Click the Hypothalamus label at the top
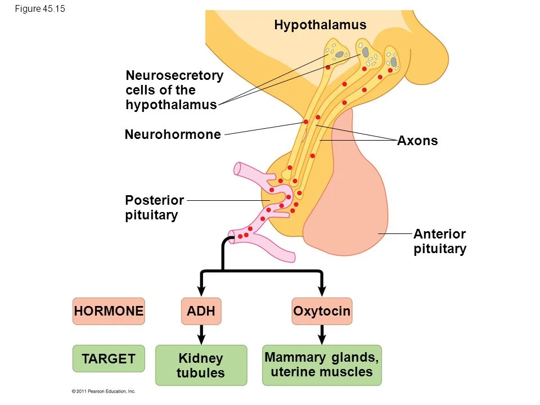320,25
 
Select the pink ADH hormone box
201,311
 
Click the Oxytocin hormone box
322,311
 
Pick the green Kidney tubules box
201,365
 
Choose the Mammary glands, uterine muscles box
322,364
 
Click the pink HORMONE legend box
109,311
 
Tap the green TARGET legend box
109,359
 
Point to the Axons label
417,141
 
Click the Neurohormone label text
173,134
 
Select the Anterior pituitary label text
440,241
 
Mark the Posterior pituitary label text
154,208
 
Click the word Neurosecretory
174,75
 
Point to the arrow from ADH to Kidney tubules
201,335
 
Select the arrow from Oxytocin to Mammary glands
322,335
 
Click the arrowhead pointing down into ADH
201,289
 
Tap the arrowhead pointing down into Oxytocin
322,289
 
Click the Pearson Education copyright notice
103,390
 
